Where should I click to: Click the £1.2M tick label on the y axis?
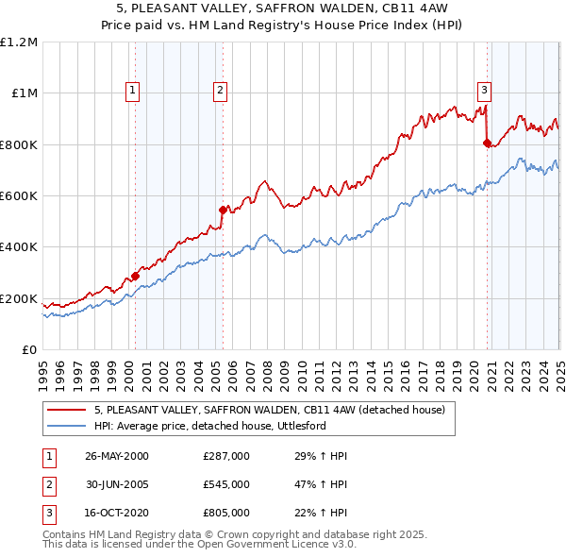(19, 42)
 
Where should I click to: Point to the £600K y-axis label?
(19, 196)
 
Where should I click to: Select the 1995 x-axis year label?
(43, 368)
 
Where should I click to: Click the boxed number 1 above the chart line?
(131, 91)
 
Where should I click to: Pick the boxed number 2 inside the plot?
(220, 91)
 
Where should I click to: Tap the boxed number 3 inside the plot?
(484, 91)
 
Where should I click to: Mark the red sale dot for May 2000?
(135, 276)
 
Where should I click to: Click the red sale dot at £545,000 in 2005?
(223, 210)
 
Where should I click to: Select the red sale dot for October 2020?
(487, 143)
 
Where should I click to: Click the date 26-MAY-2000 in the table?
(117, 456)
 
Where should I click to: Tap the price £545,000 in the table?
(225, 484)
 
